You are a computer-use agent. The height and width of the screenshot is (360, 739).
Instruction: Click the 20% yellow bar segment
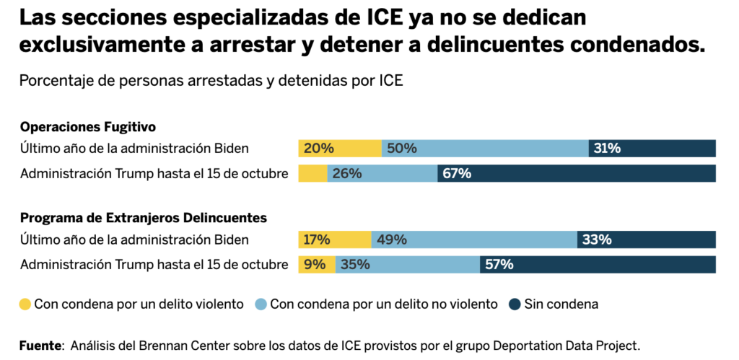[340, 149]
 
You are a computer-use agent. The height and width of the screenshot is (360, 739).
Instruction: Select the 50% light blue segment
[485, 149]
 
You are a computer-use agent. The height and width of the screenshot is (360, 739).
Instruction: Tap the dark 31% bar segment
[652, 149]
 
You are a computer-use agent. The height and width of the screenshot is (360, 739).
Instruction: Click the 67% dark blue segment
[577, 174]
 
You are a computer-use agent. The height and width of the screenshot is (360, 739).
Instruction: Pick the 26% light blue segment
[382, 174]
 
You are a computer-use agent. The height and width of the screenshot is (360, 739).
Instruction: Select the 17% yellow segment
[335, 240]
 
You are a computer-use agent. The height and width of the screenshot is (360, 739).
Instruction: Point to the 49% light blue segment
[474, 240]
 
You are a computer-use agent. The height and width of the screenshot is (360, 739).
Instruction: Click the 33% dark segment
[647, 240]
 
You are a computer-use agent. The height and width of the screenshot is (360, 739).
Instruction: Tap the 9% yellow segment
[317, 265]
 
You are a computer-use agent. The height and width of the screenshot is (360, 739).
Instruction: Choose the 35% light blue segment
[408, 265]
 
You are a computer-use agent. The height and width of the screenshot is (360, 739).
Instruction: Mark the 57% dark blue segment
[598, 265]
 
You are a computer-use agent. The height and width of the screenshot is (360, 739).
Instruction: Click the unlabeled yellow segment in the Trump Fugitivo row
[312, 174]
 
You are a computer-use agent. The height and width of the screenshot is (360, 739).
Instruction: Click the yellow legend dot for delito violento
[25, 304]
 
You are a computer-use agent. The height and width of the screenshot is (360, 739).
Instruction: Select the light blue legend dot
[261, 304]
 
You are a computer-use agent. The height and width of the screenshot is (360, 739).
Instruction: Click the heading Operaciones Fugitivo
[88, 127]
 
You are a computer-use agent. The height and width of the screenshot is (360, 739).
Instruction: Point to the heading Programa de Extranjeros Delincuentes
[144, 217]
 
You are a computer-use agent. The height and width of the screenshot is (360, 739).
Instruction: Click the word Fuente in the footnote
[40, 346]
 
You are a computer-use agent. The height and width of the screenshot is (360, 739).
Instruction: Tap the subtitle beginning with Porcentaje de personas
[211, 81]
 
